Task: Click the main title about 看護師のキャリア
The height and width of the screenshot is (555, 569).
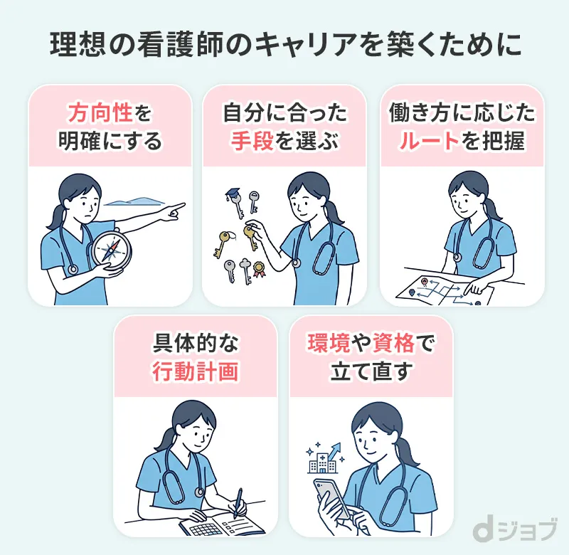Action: point(284,44)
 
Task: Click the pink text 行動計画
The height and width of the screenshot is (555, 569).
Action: point(196,372)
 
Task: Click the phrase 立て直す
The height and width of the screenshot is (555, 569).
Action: point(371,372)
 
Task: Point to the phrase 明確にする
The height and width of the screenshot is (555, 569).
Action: point(110,141)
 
